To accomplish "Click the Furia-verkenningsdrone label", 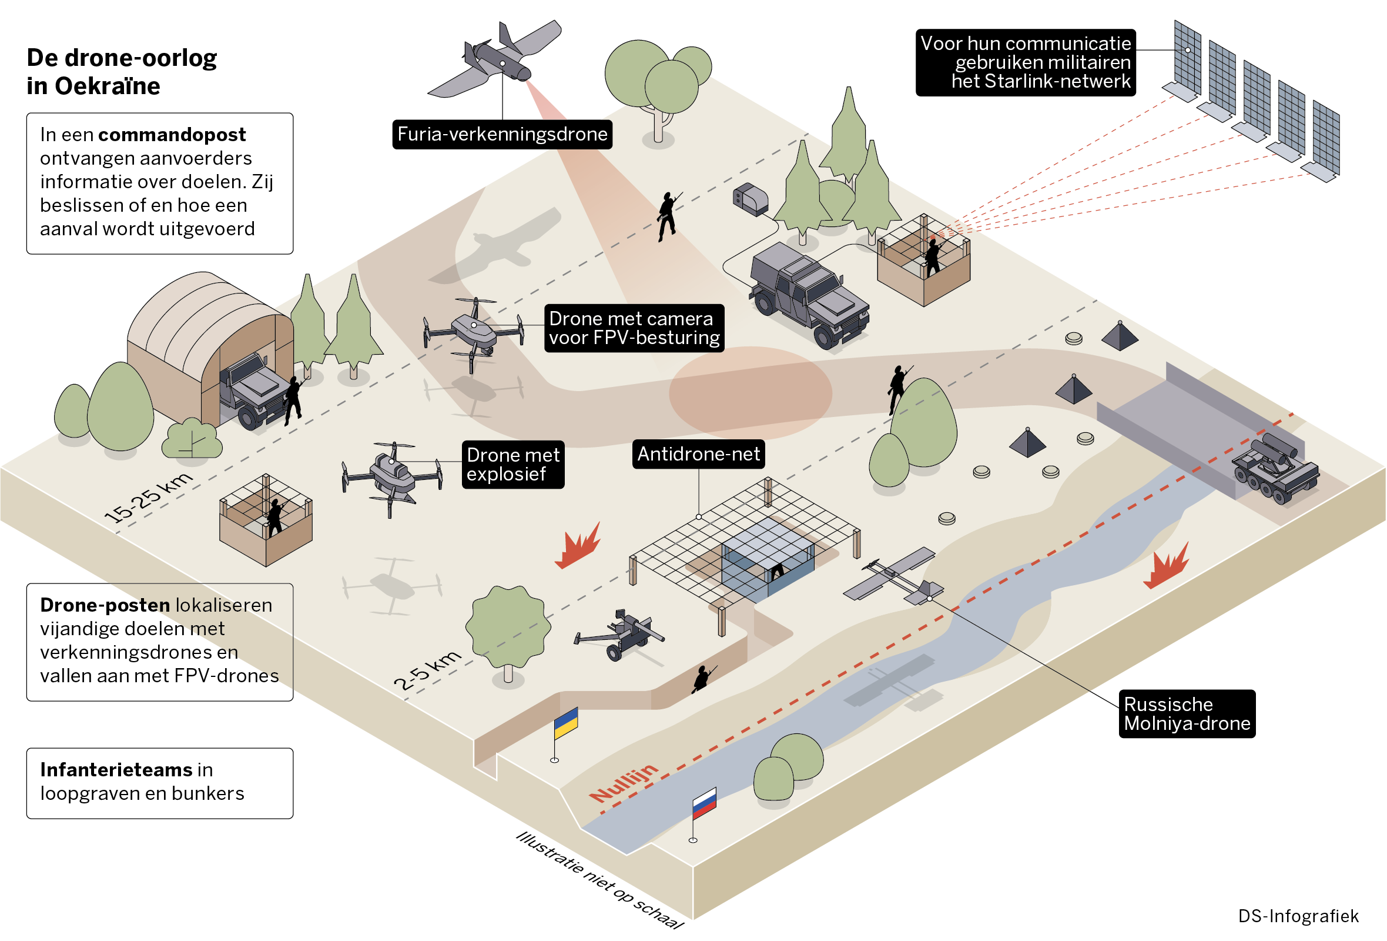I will (x=502, y=134).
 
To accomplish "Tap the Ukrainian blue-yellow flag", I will (x=565, y=723).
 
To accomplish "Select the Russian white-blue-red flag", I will (x=703, y=803).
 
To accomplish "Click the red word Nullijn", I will (x=624, y=783).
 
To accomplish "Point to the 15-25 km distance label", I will (x=149, y=498).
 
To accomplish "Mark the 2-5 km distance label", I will (x=427, y=670).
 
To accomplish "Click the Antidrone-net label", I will (x=698, y=455).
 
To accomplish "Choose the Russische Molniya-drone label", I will (x=1187, y=714).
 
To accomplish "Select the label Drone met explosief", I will (x=512, y=465).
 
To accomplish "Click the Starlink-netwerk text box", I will (x=1025, y=62).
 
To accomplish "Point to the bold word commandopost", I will (x=172, y=135).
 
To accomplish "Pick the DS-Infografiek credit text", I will (x=1298, y=916).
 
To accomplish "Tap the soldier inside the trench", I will (x=702, y=679).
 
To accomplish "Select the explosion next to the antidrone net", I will (x=577, y=546).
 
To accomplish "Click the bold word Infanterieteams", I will (x=116, y=770).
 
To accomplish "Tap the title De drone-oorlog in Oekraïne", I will (x=122, y=72).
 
